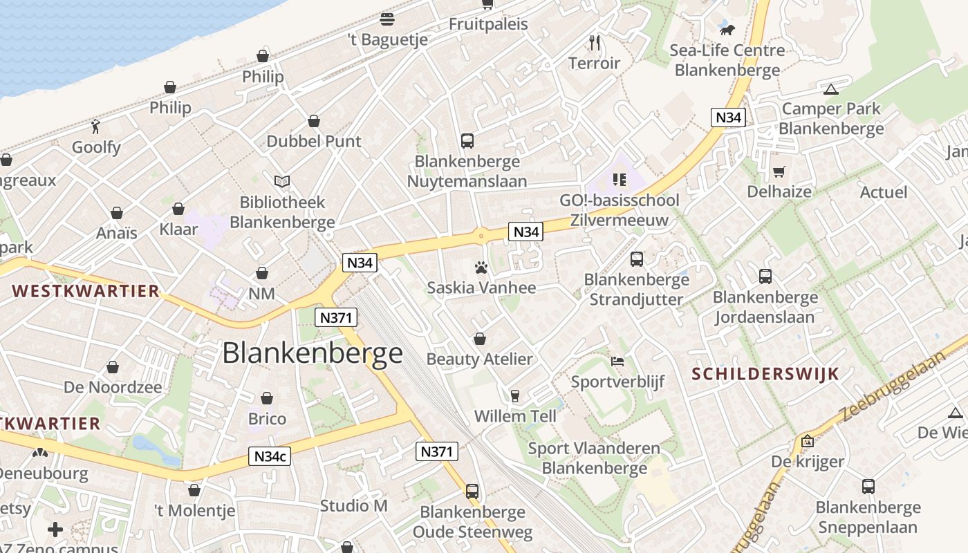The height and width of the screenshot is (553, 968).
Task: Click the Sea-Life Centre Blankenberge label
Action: click(727, 60)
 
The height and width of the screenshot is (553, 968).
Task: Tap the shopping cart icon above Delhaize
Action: click(779, 171)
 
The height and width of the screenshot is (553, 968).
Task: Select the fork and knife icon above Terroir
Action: click(595, 43)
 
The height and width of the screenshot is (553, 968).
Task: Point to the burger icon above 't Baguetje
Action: click(387, 19)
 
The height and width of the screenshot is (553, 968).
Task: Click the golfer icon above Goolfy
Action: click(96, 126)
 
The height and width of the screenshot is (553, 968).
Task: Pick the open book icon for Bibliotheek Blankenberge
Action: click(281, 181)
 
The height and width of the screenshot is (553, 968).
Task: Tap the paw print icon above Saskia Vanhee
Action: click(481, 267)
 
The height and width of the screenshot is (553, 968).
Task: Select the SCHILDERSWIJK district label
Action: click(765, 374)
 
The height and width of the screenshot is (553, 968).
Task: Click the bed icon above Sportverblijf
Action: click(617, 361)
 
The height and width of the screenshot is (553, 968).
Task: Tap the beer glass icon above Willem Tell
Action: click(514, 395)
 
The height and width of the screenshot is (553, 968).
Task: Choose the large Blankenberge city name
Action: click(313, 353)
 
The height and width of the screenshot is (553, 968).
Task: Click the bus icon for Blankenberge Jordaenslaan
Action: click(765, 276)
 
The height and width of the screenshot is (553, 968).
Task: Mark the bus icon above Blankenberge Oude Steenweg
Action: click(472, 491)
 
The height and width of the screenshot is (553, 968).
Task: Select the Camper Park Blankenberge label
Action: click(831, 119)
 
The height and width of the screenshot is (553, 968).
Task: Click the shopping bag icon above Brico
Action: click(267, 398)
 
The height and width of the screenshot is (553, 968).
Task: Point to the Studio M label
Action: click(353, 506)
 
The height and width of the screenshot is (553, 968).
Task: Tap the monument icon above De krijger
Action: click(807, 441)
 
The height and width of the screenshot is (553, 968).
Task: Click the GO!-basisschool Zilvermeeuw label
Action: click(620, 210)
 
